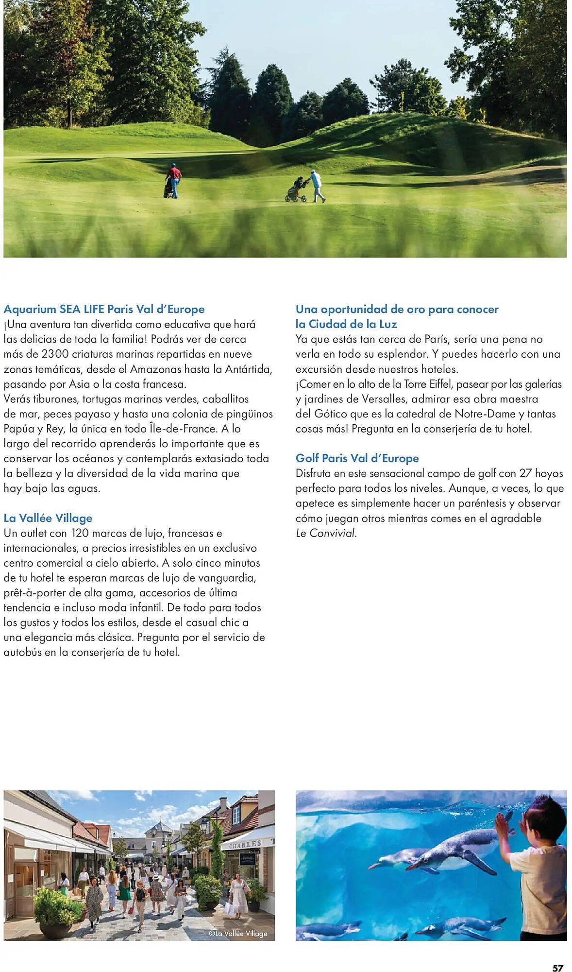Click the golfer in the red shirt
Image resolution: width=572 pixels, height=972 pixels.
173,180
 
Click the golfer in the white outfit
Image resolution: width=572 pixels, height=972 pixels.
317,186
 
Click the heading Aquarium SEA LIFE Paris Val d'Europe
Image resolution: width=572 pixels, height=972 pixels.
104,309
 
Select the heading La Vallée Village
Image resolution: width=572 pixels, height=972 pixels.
48,518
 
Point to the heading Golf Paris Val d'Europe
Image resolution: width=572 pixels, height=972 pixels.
357,458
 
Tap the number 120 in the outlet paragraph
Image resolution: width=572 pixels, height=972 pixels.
80,533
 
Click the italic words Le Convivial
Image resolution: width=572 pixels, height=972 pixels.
326,533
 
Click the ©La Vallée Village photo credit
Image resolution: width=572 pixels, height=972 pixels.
238,933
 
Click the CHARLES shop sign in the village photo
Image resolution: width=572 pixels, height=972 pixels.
245,845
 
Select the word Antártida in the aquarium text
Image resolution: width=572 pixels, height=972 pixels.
243,369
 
